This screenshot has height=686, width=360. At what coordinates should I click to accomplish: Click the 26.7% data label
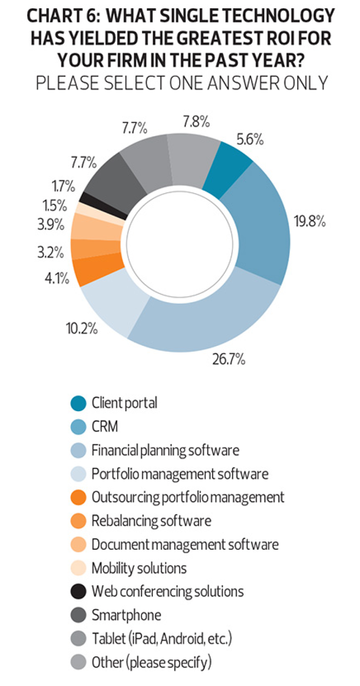228,360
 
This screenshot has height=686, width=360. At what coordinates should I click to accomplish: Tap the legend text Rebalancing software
151,521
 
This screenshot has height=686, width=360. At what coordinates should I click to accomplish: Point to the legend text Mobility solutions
139,568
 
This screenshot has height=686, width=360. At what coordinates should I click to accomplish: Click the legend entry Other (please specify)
151,662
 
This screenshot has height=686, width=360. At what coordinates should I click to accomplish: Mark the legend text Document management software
185,544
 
